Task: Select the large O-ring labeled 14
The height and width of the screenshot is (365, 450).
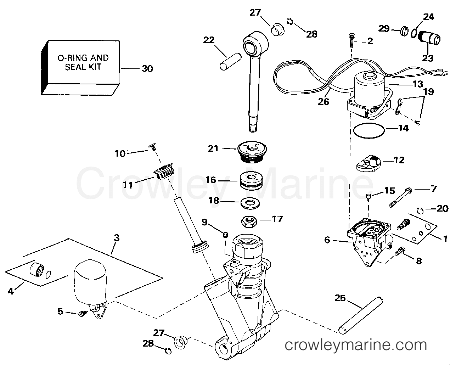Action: tap(369, 130)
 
